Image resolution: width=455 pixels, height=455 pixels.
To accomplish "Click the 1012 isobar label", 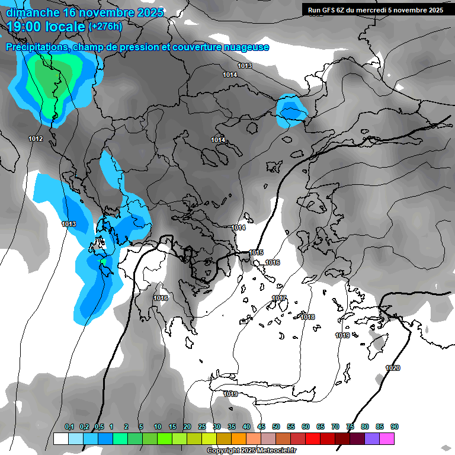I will (x=36, y=139).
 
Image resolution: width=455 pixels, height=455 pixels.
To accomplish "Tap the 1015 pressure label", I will (x=256, y=253).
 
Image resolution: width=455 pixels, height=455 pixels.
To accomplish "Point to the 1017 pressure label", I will (x=279, y=298).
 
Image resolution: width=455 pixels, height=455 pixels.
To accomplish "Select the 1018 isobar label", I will (x=307, y=318).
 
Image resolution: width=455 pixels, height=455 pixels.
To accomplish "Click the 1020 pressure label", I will (x=393, y=368).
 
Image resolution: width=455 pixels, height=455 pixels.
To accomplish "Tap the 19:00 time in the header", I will (x=24, y=26).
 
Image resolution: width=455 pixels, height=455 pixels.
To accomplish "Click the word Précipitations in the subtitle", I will (x=37, y=47).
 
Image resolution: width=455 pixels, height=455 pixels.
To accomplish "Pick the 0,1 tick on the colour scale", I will (x=69, y=427).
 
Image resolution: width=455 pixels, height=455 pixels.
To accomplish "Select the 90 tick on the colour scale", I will (x=395, y=427).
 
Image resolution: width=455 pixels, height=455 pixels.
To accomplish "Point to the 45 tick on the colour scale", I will (x=261, y=427).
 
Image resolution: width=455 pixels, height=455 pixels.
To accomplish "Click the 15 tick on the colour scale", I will (x=172, y=427).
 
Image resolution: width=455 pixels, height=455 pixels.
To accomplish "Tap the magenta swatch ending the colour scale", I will (x=387, y=438).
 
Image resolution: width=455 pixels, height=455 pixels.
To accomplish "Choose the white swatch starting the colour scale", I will (x=60, y=438).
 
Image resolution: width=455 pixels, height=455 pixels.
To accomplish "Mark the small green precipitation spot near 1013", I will (x=103, y=261).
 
